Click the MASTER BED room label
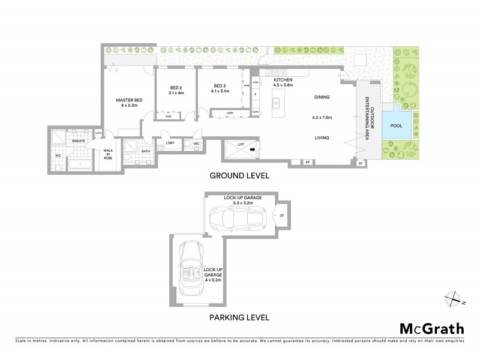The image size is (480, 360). [128, 100]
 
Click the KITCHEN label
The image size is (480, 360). [283, 80]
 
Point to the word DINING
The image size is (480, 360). [322, 97]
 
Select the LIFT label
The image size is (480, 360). [241, 145]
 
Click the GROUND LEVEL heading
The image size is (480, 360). [239, 176]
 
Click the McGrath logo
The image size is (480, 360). [431, 328]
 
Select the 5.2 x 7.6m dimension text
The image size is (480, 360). [322, 118]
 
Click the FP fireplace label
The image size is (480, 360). [307, 163]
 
